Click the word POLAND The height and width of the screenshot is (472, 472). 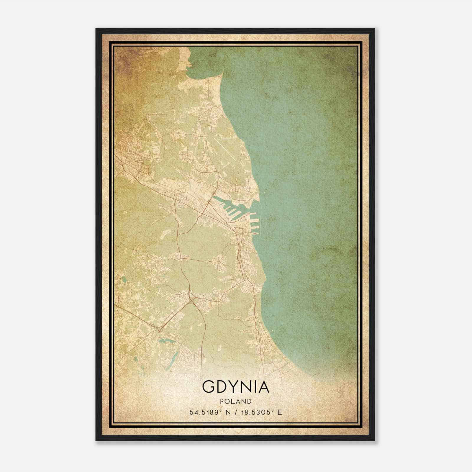tap(235, 401)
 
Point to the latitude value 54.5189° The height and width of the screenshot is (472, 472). tap(205, 412)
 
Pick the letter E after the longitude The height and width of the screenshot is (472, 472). tap(280, 412)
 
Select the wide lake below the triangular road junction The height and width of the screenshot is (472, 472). tap(163, 342)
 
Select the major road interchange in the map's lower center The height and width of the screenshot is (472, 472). tap(192, 300)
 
